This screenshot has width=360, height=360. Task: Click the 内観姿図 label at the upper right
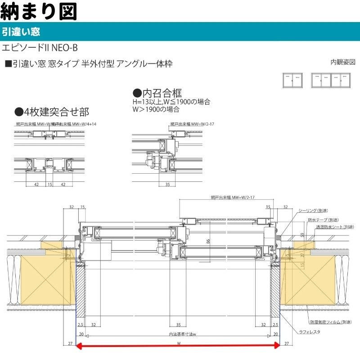[343, 62]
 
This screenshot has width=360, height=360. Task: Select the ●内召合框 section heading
[157, 93]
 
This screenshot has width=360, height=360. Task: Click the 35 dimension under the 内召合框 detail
[167, 184]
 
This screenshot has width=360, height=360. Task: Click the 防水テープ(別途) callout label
[323, 220]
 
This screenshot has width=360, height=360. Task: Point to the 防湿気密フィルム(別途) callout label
[331, 322]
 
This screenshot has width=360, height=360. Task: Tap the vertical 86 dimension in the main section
[208, 242]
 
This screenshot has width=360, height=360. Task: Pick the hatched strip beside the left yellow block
[81, 292]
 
